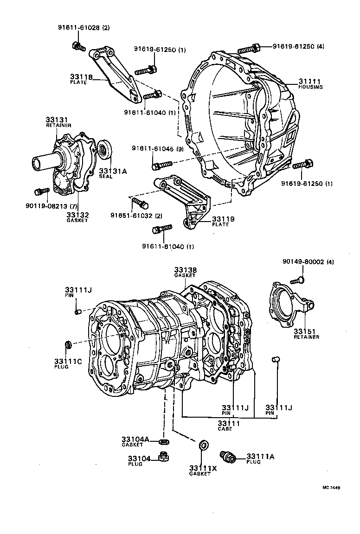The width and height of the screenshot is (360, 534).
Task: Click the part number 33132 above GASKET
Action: [77, 215]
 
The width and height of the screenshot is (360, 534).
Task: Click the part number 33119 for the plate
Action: [223, 219]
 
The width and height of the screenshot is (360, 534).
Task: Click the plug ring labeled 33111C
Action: [68, 345]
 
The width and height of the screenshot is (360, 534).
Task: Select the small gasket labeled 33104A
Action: [163, 440]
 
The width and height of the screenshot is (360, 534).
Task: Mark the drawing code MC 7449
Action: [332, 488]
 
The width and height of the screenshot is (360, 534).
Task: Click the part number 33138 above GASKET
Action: [185, 270]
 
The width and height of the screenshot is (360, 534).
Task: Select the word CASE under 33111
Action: [225, 429]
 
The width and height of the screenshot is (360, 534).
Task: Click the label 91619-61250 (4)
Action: [298, 46]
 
